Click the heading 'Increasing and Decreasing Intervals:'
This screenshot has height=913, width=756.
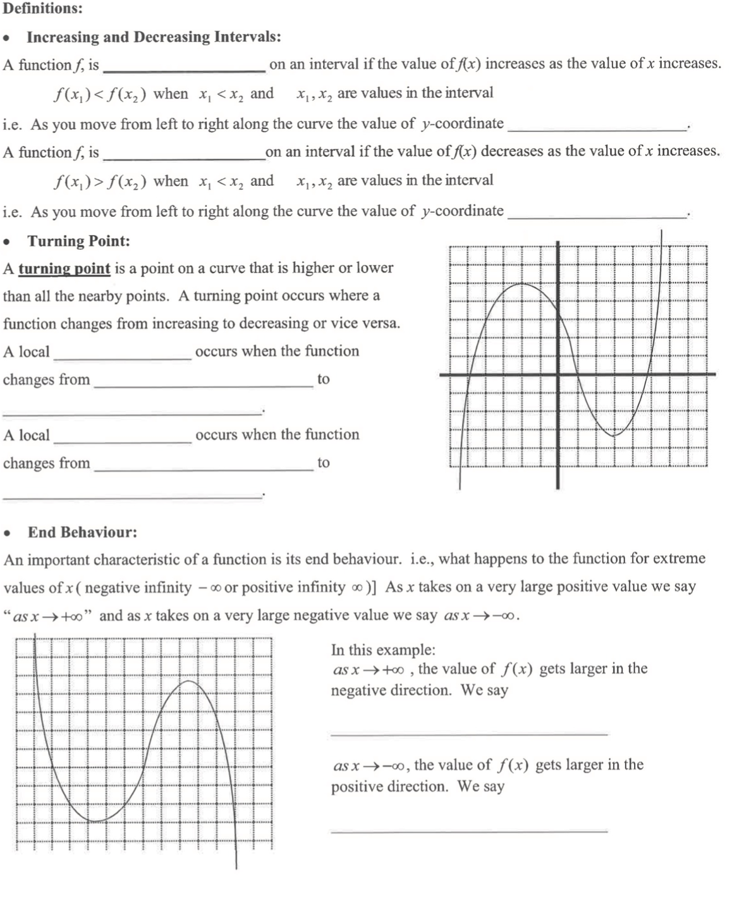[x=154, y=37]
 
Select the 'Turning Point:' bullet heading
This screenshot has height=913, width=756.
[x=78, y=241]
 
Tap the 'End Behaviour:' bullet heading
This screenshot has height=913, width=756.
[x=82, y=532]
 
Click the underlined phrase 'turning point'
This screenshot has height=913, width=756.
[x=64, y=268]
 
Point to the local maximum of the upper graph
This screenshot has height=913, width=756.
[x=523, y=284]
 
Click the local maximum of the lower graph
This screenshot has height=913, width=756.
[x=188, y=682]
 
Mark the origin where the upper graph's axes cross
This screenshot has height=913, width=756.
[x=558, y=374]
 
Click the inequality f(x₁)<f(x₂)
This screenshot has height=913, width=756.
[x=100, y=94]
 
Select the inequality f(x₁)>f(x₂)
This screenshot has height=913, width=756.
[x=100, y=181]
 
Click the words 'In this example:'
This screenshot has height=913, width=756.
[x=383, y=649]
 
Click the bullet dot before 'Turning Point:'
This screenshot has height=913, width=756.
[x=7, y=242]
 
